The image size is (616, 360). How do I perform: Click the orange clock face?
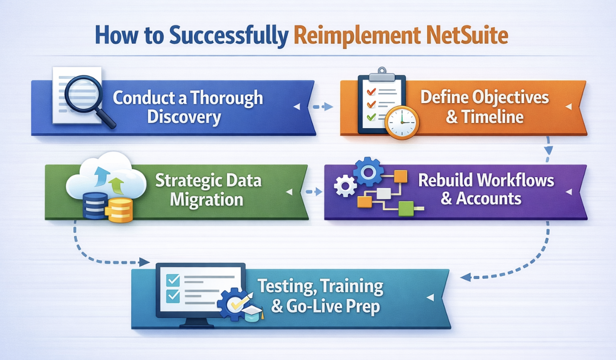tap(402, 123)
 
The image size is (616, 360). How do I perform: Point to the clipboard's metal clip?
tap(381, 74)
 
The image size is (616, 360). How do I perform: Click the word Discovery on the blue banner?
tap(184, 117)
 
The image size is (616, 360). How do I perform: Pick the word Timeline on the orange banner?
tap(492, 117)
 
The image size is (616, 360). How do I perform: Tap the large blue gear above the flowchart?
tap(368, 172)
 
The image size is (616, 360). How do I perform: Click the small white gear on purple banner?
tap(345, 186)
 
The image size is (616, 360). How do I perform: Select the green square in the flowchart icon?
tap(406, 209)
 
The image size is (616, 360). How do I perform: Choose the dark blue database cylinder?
tap(95, 205)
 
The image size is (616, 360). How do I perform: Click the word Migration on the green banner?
tap(207, 200)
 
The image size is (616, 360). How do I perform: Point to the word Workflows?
tap(515, 180)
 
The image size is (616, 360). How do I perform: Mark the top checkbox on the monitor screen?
tap(173, 280)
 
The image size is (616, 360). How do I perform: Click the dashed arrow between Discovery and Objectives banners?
tap(323, 106)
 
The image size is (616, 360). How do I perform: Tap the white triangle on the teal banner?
tap(430, 297)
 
